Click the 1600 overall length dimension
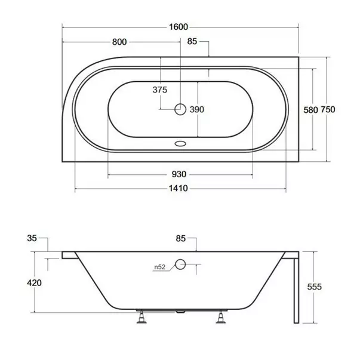click(x=179, y=26)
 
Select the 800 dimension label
click(x=119, y=42)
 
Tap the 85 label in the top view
click(x=192, y=42)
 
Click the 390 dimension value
click(x=197, y=109)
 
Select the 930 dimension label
click(x=179, y=174)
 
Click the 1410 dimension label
click(x=179, y=189)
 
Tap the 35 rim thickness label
click(x=32, y=238)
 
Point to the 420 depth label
click(x=34, y=282)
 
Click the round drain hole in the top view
click(x=179, y=109)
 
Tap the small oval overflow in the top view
click(x=179, y=144)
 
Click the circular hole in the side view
click(x=181, y=265)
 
